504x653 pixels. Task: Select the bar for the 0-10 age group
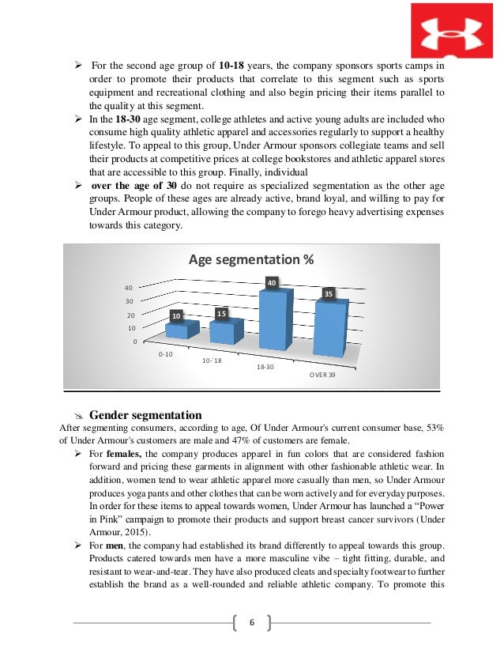click(x=176, y=330)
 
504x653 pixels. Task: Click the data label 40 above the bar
click(x=271, y=282)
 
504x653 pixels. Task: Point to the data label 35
click(x=328, y=294)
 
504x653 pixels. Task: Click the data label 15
click(x=222, y=314)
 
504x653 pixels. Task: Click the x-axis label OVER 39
click(x=321, y=374)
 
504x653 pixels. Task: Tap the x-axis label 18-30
click(x=266, y=368)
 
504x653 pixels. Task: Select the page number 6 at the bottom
click(x=251, y=621)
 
